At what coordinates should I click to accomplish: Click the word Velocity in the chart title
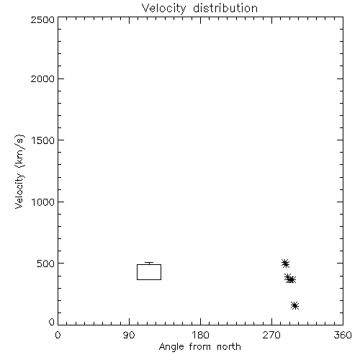coord(164,9)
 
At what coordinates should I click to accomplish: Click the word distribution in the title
coord(225,8)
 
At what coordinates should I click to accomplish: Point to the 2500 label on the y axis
coord(42,19)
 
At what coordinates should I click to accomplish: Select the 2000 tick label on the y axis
coord(42,78)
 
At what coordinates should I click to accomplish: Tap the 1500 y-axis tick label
coord(43,140)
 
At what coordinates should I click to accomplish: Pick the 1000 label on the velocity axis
coord(43,202)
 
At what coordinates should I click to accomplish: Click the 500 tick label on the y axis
coord(46,264)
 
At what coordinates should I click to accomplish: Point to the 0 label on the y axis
coord(52,322)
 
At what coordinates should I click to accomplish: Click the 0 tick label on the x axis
coord(58,335)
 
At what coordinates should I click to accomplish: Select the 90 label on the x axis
coord(129,335)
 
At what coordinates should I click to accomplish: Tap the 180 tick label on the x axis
coord(199,335)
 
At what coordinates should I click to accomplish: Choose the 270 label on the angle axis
coord(271,335)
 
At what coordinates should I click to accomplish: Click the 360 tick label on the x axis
coord(343,335)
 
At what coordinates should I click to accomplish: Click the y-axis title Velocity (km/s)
coord(19,171)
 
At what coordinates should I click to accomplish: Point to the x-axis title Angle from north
coord(200,347)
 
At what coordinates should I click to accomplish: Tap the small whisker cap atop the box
coord(149,263)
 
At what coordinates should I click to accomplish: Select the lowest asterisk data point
coord(294,305)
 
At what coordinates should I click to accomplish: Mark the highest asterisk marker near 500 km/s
coord(285,264)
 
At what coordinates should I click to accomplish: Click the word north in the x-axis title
coord(229,346)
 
